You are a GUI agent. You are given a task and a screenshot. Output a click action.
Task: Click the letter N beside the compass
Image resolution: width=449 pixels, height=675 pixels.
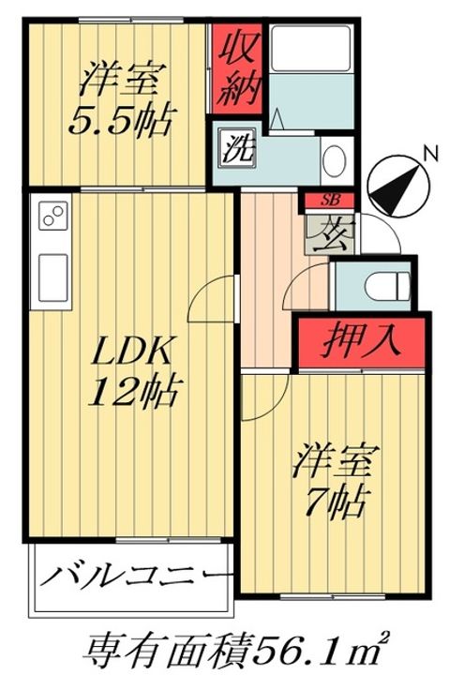click(x=428, y=153)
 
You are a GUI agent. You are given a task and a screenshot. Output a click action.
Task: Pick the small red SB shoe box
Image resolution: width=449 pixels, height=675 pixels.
click(x=329, y=200)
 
